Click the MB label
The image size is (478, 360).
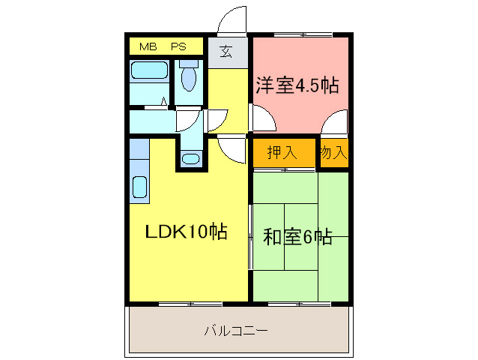[x=148, y=46]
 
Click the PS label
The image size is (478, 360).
[x=178, y=46]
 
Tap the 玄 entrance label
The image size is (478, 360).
[x=226, y=51]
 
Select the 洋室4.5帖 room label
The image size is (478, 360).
[x=297, y=85]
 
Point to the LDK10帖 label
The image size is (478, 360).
[x=186, y=231]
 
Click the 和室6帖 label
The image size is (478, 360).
[x=297, y=237]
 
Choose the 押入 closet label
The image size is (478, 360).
[x=282, y=152]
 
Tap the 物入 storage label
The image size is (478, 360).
[x=334, y=152]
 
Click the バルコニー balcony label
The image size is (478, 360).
[x=236, y=331]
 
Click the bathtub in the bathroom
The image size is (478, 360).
[x=149, y=70]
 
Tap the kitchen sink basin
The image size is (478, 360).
[x=140, y=187]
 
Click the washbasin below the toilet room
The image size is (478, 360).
[x=190, y=159]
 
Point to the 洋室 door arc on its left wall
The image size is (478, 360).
[x=268, y=112]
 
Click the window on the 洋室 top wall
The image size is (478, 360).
[x=303, y=34]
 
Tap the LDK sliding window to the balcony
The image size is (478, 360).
[x=190, y=304]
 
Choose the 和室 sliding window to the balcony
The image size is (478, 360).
[x=300, y=304]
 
